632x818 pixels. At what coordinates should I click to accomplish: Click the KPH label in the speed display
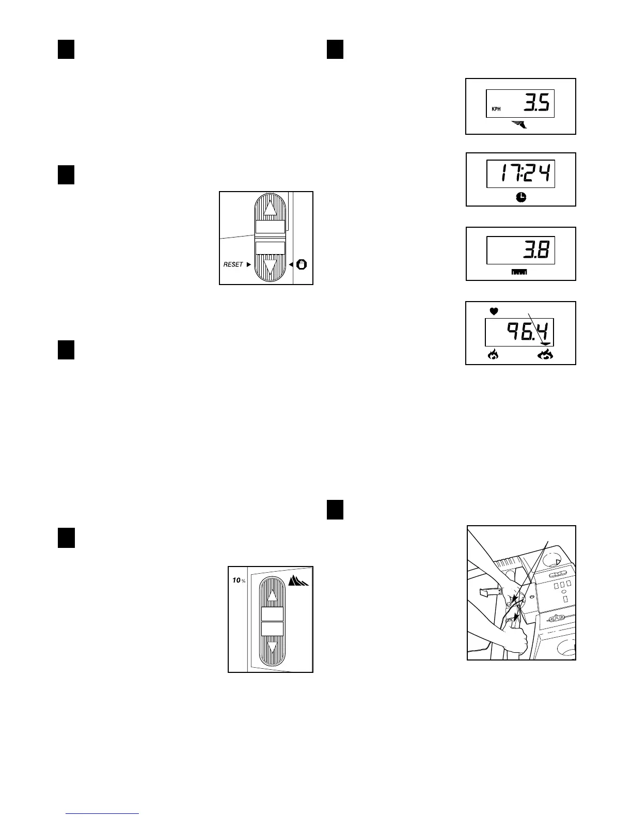click(496, 109)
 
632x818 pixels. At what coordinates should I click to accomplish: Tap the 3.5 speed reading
click(536, 103)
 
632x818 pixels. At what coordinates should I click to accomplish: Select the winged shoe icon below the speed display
click(519, 124)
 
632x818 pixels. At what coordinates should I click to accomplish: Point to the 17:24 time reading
click(520, 174)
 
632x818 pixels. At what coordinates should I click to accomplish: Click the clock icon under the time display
click(521, 197)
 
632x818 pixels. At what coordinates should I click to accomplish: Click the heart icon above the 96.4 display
click(494, 311)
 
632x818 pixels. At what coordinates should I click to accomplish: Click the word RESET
click(233, 264)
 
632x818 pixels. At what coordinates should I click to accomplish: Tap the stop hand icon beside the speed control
click(302, 264)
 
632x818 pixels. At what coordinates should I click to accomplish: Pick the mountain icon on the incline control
click(298, 581)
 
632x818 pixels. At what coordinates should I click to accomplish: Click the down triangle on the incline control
click(272, 647)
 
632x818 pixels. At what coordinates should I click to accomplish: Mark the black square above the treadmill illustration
click(336, 510)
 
